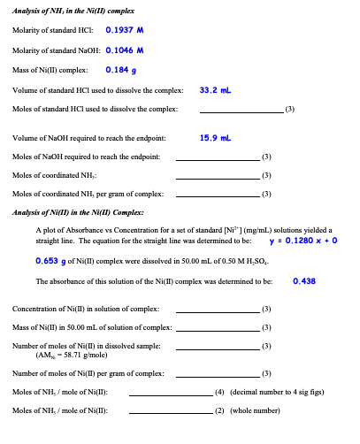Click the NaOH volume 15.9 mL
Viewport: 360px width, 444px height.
[x=215, y=138]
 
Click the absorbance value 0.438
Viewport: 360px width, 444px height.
[x=304, y=281]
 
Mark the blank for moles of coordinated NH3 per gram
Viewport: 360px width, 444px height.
[x=218, y=195]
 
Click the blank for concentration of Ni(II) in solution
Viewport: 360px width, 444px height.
[x=218, y=310]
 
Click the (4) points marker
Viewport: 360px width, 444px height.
[x=220, y=392]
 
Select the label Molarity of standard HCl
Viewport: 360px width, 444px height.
[x=48, y=31]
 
